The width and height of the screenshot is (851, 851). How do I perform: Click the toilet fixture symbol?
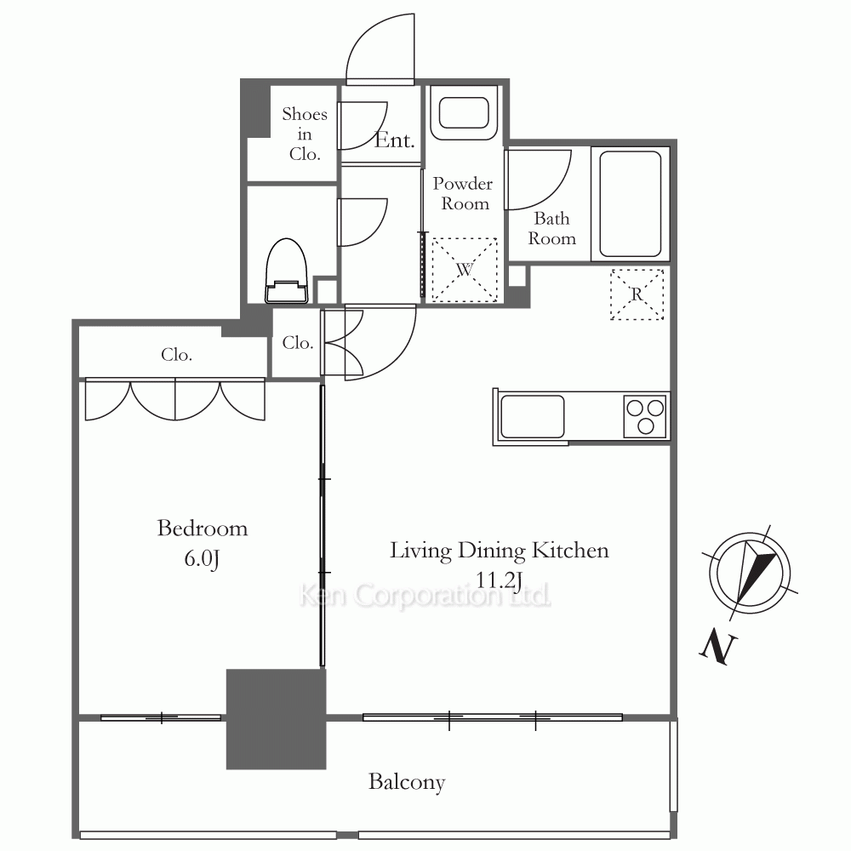(287, 271)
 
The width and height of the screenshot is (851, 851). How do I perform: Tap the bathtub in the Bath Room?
(630, 203)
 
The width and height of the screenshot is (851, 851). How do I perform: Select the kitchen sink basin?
(532, 416)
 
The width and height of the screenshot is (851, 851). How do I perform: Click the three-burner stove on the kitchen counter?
(645, 416)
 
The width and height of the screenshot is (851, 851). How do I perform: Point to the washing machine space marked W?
(465, 269)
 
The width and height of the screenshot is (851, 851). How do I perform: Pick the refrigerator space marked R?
(637, 294)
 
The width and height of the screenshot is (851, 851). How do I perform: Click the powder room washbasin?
(464, 113)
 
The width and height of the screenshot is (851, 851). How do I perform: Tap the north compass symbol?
(750, 573)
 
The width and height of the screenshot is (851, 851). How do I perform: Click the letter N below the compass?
(718, 648)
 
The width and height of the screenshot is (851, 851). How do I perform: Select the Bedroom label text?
(203, 528)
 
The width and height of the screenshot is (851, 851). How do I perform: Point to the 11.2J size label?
(499, 580)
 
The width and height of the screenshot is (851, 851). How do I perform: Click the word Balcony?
(407, 782)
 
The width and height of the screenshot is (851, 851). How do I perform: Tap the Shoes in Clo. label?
(305, 134)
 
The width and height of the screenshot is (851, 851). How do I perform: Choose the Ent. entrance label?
(395, 140)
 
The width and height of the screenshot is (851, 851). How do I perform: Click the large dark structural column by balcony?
(277, 719)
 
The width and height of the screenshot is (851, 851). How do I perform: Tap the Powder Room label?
(463, 193)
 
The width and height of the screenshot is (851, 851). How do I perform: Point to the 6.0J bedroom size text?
(202, 558)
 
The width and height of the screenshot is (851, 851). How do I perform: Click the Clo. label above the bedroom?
(176, 354)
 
